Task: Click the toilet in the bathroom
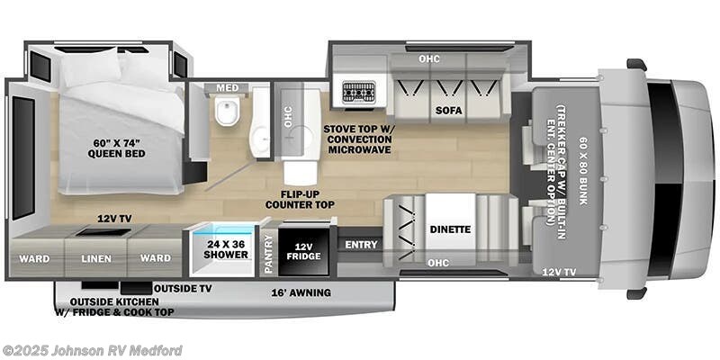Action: [227, 109]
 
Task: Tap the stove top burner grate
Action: [358, 92]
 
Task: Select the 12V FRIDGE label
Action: [303, 252]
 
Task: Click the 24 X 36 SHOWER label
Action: [225, 249]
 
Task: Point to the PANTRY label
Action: [269, 255]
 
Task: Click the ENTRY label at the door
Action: [362, 245]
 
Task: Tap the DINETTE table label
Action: [451, 229]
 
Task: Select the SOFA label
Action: [449, 111]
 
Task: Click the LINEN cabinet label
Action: [96, 259]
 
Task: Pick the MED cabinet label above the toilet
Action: [228, 87]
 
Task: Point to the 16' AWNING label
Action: [301, 292]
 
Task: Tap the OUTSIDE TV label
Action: [183, 289]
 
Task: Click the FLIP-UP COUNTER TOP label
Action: [300, 198]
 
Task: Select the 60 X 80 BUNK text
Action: [583, 171]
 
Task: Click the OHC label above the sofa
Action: [429, 58]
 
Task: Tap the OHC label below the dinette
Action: [438, 263]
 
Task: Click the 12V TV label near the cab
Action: [559, 272]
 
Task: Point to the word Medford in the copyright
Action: [159, 350]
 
